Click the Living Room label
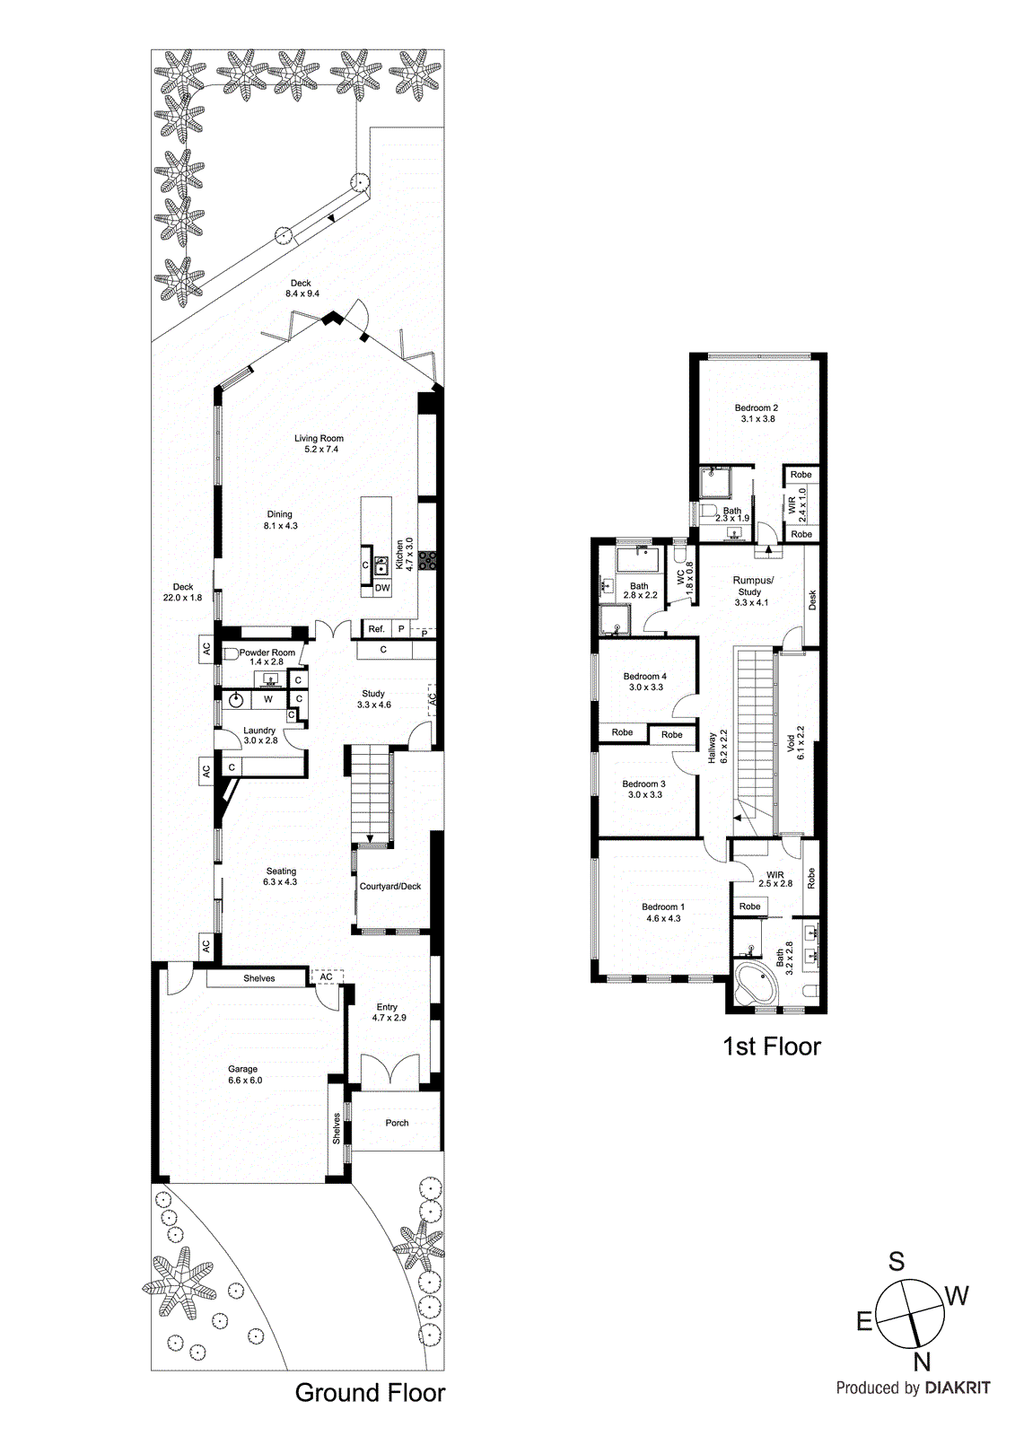pos(319,439)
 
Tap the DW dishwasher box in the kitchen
pos(382,589)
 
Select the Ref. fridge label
pos(376,629)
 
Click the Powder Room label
pos(267,652)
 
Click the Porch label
pos(397,1123)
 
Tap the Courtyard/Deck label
pos(390,887)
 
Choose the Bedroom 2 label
pos(757,408)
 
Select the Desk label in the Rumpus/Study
pos(812,599)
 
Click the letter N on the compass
pos(922,1362)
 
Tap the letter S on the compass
pos(896,1262)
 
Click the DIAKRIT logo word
pos(958,1388)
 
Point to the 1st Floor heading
pos(772,1046)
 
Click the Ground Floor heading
pos(370,1393)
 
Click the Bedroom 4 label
pos(645,677)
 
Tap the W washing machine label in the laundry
pos(267,699)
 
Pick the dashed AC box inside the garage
pos(327,977)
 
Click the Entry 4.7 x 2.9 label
pos(389,1012)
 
